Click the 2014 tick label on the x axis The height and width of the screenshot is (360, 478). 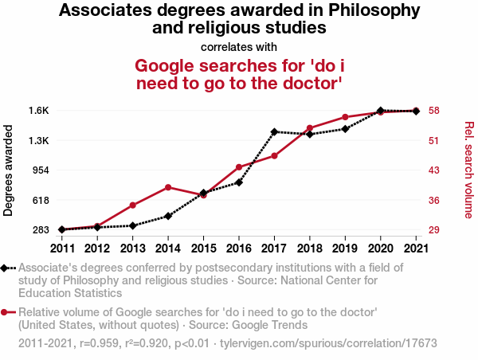168,246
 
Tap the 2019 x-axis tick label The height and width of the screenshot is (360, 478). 345,246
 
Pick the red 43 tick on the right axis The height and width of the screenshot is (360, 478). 435,170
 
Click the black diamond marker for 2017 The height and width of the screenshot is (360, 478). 274,131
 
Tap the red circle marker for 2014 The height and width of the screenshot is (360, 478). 168,187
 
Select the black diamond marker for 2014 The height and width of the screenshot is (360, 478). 168,216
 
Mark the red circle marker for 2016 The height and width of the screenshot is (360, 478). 239,167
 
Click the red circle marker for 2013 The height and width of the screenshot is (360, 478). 133,205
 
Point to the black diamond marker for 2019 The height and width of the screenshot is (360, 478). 345,128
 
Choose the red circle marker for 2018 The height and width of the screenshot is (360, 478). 309,128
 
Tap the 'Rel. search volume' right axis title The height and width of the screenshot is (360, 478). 468,170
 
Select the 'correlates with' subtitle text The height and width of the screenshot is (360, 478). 239,45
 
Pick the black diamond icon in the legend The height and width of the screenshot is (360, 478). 5,268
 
